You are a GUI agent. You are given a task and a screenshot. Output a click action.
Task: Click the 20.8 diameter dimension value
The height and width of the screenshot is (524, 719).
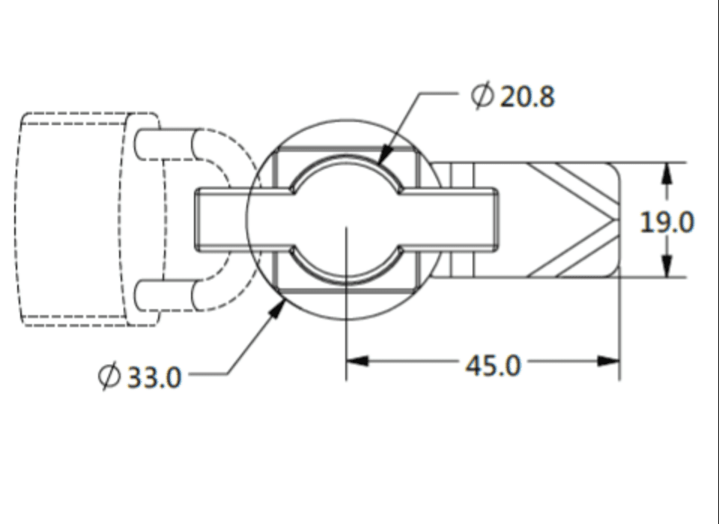(x=527, y=97)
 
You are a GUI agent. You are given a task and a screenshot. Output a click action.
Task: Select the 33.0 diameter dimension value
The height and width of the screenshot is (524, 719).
(x=154, y=377)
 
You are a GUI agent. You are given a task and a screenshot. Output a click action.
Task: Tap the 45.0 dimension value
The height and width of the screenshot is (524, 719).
(x=492, y=365)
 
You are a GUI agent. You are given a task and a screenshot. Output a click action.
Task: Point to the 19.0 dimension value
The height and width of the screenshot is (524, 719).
(x=667, y=222)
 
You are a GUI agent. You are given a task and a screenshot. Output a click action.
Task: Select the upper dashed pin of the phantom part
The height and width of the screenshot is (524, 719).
(x=169, y=144)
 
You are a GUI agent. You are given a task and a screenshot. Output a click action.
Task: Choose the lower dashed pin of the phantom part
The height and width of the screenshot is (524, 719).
(x=169, y=295)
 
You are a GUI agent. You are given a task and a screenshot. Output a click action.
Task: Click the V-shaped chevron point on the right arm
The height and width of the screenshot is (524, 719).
(x=612, y=219)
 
